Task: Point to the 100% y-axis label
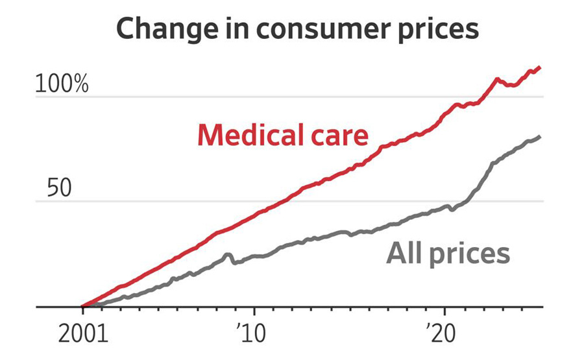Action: pyautogui.click(x=61, y=84)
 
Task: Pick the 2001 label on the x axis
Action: pyautogui.click(x=82, y=335)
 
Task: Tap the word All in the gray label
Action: pyautogui.click(x=403, y=253)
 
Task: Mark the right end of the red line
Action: pyautogui.click(x=540, y=67)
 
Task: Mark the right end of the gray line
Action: pyautogui.click(x=540, y=137)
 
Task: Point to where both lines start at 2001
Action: pyautogui.click(x=82, y=306)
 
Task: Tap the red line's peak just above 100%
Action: pyautogui.click(x=497, y=79)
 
